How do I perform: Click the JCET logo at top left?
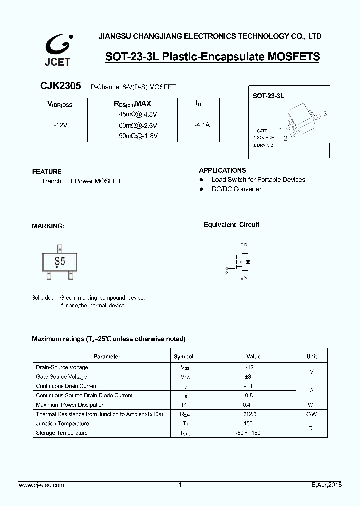[x=58, y=50]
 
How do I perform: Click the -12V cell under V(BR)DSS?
[x=60, y=125]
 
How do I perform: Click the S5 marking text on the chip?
[x=60, y=261]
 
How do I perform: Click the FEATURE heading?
[x=47, y=172]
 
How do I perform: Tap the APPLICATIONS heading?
[x=222, y=170]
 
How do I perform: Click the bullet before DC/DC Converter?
[x=201, y=189]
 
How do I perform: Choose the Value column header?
[x=253, y=357]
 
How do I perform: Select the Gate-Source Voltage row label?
[x=61, y=377]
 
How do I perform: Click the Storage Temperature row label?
[x=62, y=433]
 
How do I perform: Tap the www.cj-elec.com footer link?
[x=41, y=485]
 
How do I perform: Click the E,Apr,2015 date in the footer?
[x=323, y=485]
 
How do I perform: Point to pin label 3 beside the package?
[x=325, y=114]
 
